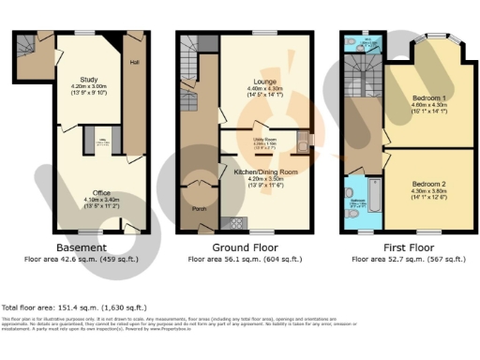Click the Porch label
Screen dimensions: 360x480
[x=199, y=208]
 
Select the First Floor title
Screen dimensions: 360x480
[x=401, y=247]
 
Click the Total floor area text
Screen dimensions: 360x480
[x=74, y=307]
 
